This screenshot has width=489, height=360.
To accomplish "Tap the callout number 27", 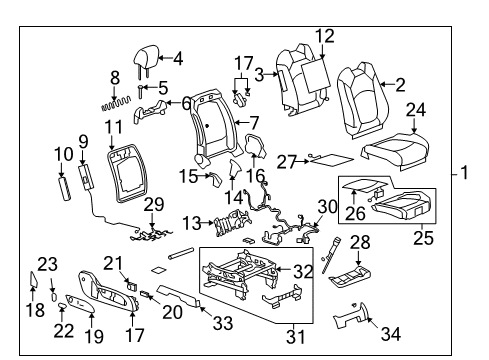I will coord(286,160).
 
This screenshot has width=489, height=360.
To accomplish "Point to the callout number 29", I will coord(153,204).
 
